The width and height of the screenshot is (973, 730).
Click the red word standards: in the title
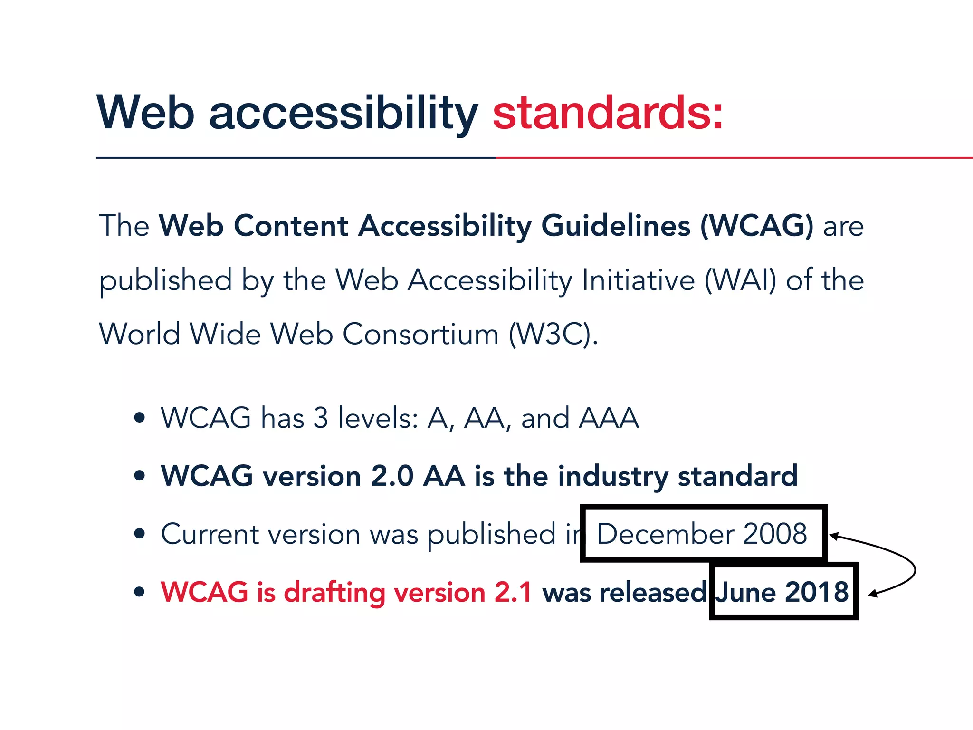(608, 113)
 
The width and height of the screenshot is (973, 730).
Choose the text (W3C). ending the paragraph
(553, 334)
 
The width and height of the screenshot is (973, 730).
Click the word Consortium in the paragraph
(420, 334)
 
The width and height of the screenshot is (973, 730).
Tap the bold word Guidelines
(616, 226)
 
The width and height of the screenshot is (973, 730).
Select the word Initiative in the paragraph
(638, 280)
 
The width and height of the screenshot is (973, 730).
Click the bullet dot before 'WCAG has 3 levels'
(139, 418)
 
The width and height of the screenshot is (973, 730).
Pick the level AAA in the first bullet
(609, 418)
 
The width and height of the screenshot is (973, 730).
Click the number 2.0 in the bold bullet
(392, 476)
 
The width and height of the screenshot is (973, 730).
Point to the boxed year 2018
(816, 592)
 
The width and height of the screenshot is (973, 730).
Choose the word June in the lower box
(747, 592)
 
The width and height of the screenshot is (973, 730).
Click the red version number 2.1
(513, 592)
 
